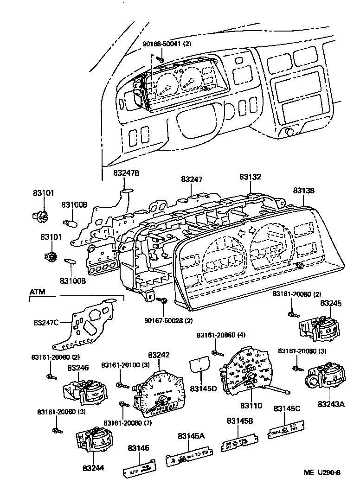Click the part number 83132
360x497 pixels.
click(251, 177)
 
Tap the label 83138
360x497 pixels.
click(304, 190)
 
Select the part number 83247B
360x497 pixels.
click(126, 173)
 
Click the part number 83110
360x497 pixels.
click(251, 406)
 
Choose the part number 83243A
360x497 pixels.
click(331, 404)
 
